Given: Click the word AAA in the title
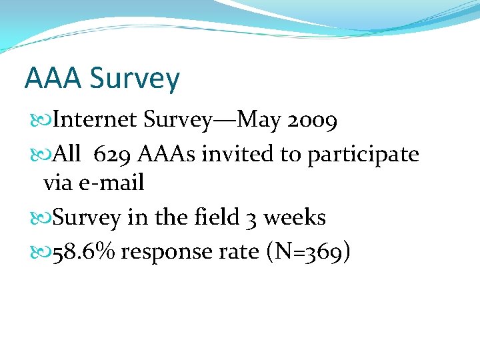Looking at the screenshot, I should (53, 78).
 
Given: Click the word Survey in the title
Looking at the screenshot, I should (134, 79).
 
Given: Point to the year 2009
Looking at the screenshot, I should (313, 121).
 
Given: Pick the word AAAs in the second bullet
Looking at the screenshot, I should (166, 155).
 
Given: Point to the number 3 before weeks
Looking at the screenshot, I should (252, 218).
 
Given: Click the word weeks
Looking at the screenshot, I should (293, 217).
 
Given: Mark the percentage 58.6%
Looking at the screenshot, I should (84, 252).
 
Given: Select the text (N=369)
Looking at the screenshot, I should (307, 253).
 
